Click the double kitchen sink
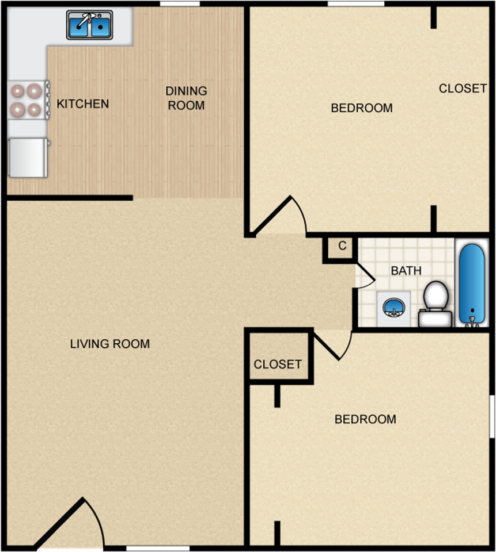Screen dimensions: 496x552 [90, 25]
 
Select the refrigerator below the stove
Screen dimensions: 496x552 [28, 158]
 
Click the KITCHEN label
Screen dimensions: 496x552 [82, 104]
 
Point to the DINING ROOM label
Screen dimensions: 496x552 [186, 98]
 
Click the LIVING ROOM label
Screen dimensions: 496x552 [109, 344]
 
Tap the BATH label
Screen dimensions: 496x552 [406, 271]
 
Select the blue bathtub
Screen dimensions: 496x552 [472, 283]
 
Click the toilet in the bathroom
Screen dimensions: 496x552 [436, 304]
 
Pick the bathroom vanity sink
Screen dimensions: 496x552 [393, 309]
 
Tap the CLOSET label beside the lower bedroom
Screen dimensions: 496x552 [278, 364]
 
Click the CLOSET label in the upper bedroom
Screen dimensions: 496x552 [463, 89]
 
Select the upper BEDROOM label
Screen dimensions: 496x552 [362, 108]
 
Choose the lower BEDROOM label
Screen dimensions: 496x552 [365, 419]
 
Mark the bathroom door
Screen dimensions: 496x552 [365, 275]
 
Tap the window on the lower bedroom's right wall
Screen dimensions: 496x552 [492, 416]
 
